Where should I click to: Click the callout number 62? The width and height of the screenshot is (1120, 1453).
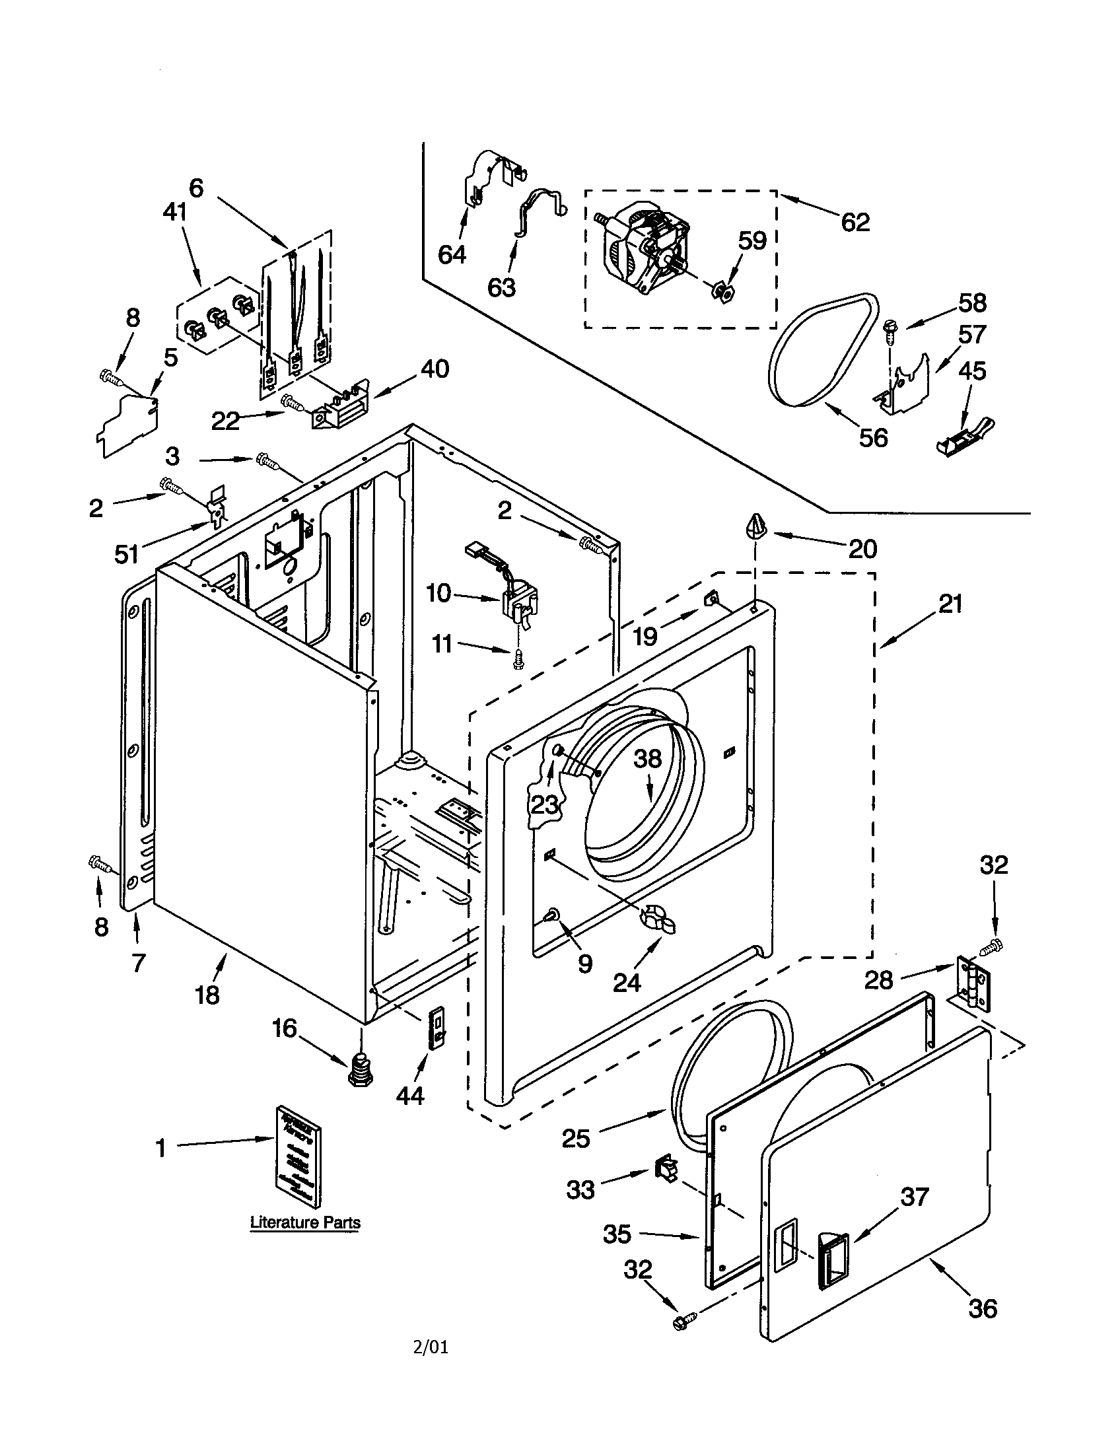[x=855, y=222]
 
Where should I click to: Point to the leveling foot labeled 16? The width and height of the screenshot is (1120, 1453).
[x=360, y=1070]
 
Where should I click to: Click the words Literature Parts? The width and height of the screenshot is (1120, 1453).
[x=305, y=1222]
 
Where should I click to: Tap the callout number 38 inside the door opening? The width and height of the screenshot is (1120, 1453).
[x=647, y=758]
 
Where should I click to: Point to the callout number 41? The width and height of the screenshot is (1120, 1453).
[x=174, y=213]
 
